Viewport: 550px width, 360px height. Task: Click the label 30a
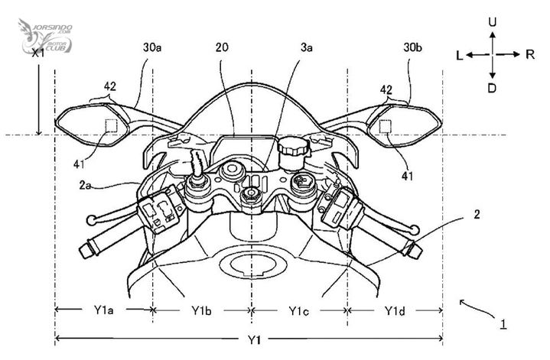(152, 47)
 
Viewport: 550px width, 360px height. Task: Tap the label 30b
(412, 47)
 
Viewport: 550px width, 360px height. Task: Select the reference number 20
(222, 47)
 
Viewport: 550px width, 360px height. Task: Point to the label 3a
(306, 47)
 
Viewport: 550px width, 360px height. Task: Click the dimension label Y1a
(103, 310)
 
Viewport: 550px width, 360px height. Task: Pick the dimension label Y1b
(201, 310)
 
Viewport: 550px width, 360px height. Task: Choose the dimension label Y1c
(298, 310)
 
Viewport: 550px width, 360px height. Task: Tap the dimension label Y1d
(395, 310)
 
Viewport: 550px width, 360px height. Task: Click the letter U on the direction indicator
(493, 22)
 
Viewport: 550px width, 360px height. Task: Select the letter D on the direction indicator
(492, 88)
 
